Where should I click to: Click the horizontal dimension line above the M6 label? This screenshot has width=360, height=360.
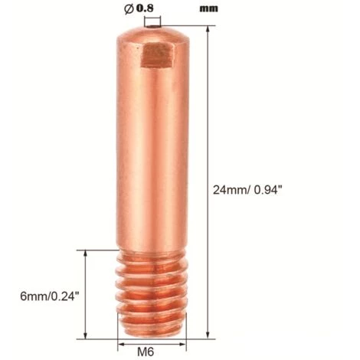(x=148, y=337)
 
